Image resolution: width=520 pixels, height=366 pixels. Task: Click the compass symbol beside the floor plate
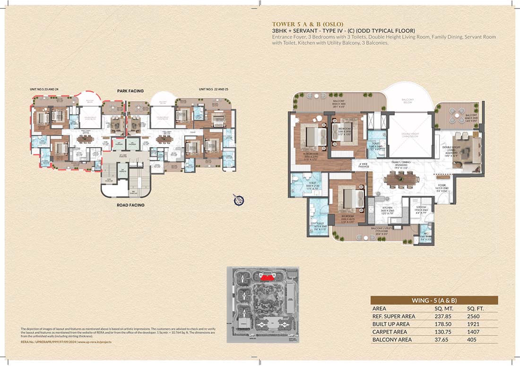point(239,200)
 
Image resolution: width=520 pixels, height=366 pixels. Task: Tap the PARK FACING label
point(130,91)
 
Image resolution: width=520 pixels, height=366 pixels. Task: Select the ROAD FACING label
point(130,205)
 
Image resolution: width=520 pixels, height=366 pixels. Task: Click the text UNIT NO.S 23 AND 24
point(44,89)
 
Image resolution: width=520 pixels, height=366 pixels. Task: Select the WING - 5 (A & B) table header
point(434,300)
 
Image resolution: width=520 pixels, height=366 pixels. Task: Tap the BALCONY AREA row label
point(392,340)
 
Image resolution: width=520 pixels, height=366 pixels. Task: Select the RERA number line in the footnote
point(66,341)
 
